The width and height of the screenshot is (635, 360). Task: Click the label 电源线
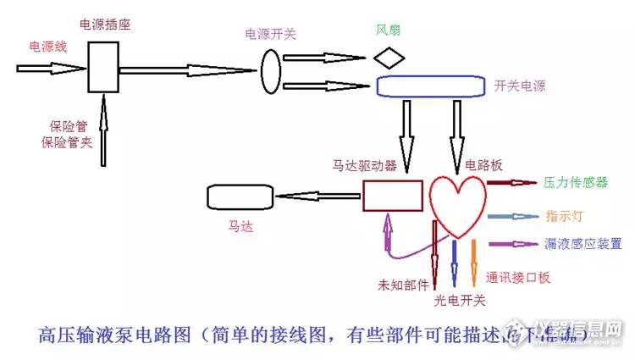(x=47, y=46)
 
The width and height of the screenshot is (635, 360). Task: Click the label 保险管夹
(x=67, y=142)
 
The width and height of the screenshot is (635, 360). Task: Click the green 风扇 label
(x=389, y=30)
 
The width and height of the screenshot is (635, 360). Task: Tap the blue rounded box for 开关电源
(x=430, y=86)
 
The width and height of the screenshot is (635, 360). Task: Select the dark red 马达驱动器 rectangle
(x=393, y=196)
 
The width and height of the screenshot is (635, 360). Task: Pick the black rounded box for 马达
(x=240, y=197)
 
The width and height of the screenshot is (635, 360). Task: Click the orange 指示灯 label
(x=566, y=217)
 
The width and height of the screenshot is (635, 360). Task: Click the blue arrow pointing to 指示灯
(x=512, y=217)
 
